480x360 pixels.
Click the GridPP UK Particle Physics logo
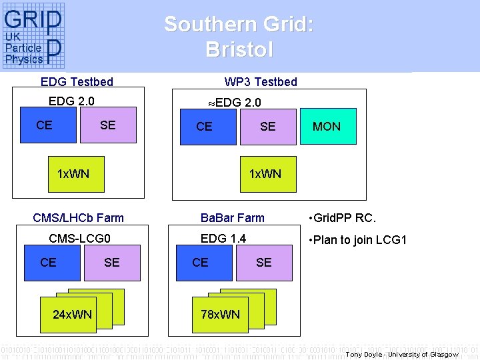[33, 36]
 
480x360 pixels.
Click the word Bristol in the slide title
[239, 49]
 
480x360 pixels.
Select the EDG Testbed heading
[77, 82]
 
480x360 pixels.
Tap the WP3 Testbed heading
[261, 82]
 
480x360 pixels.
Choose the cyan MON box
[326, 127]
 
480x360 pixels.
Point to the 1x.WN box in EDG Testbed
[73, 175]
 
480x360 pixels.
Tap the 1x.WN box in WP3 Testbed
[265, 174]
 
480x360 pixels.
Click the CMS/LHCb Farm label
[78, 218]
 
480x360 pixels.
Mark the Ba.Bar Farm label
[233, 218]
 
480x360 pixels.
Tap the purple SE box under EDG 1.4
[265, 263]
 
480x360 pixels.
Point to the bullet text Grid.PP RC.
[342, 218]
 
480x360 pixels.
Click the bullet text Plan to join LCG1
[357, 240]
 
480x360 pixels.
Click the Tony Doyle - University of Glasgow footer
[402, 354]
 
